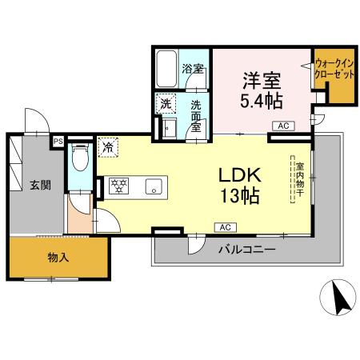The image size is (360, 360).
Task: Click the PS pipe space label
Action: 58,142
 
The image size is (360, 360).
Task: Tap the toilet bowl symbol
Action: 80,158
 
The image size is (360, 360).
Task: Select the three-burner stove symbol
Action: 119,186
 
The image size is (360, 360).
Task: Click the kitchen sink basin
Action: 154,186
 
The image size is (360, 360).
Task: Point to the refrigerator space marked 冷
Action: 108,147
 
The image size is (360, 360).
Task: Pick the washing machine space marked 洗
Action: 166,104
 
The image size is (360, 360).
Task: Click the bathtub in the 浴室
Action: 166,69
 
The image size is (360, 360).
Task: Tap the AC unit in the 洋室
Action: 283,126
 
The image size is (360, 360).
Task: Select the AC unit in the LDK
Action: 226,227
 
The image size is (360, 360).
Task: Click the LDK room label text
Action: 240,175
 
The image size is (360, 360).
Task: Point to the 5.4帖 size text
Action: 262,101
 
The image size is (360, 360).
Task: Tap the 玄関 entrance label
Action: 40,185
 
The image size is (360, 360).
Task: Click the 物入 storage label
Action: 58,258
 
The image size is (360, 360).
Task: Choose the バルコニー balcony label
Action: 247,250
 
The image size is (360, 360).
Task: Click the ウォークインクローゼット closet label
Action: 334,69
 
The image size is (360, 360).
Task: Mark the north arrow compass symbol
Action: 338,298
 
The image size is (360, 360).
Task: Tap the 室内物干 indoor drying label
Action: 300,179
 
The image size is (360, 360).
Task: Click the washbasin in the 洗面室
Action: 170,128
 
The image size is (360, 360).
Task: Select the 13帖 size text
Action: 240,196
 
